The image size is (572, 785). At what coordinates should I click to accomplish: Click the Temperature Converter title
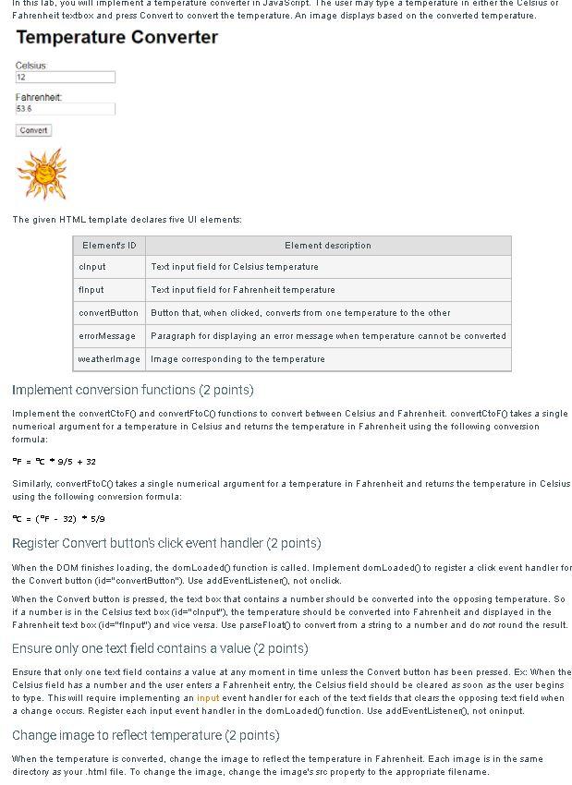117,38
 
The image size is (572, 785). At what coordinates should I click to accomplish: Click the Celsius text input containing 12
65,78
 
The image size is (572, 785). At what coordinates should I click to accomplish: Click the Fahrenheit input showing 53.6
65,109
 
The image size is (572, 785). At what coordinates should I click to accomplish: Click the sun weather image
42,174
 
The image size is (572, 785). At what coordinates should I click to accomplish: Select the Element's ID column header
109,246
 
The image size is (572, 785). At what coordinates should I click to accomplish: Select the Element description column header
327,246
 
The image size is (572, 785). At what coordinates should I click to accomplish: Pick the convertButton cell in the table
109,313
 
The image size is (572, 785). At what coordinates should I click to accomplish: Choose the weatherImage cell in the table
109,359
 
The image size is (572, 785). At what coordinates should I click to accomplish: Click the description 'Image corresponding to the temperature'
237,359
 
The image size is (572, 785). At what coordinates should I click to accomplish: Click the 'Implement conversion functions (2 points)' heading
132,390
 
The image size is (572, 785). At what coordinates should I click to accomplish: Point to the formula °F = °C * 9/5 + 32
54,462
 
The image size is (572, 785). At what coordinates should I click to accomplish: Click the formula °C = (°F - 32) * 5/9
58,519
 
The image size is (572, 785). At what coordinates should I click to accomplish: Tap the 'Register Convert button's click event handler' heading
166,543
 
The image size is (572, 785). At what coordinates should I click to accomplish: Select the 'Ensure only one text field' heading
160,648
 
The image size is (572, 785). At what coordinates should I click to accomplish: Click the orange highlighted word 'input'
208,698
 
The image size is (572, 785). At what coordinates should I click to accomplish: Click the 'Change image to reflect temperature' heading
145,735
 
